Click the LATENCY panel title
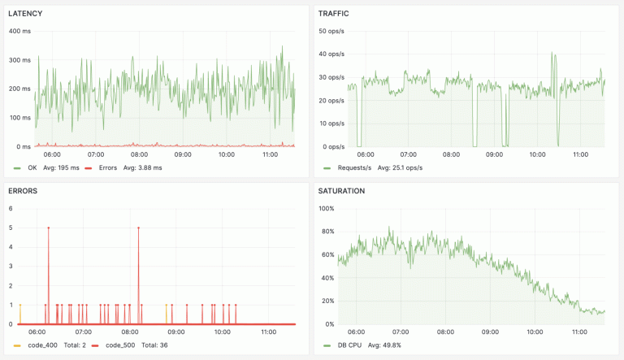25,14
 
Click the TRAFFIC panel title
334,14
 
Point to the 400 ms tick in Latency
19,31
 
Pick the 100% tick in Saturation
326,209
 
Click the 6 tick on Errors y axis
11,208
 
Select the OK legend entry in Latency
32,167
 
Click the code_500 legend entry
116,345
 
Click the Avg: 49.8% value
385,345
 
